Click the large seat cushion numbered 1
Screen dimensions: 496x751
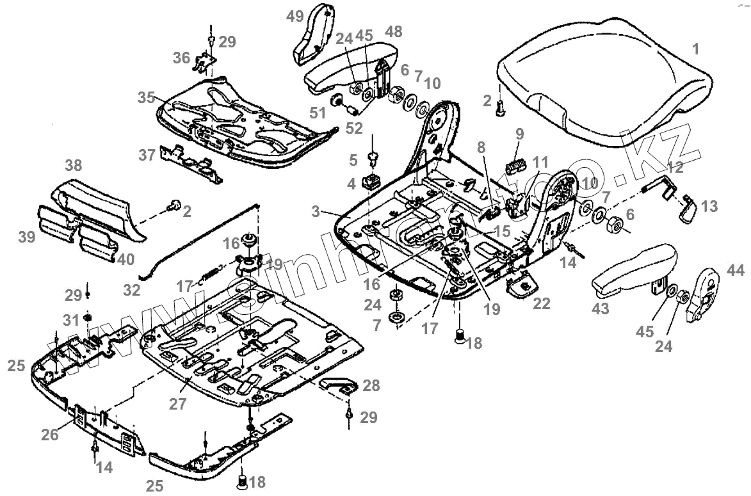tap(602, 77)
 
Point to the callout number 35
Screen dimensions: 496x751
tap(146, 98)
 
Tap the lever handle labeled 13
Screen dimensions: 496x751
tap(688, 212)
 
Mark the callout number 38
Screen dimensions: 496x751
tap(73, 165)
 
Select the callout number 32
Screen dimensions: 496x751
tap(132, 290)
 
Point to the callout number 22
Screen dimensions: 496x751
tap(542, 304)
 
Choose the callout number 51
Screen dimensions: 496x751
tap(318, 113)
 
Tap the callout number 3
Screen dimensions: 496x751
tap(318, 211)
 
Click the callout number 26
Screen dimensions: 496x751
tap(50, 435)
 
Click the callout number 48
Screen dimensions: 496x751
tap(394, 31)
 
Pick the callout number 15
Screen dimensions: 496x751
tap(502, 230)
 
